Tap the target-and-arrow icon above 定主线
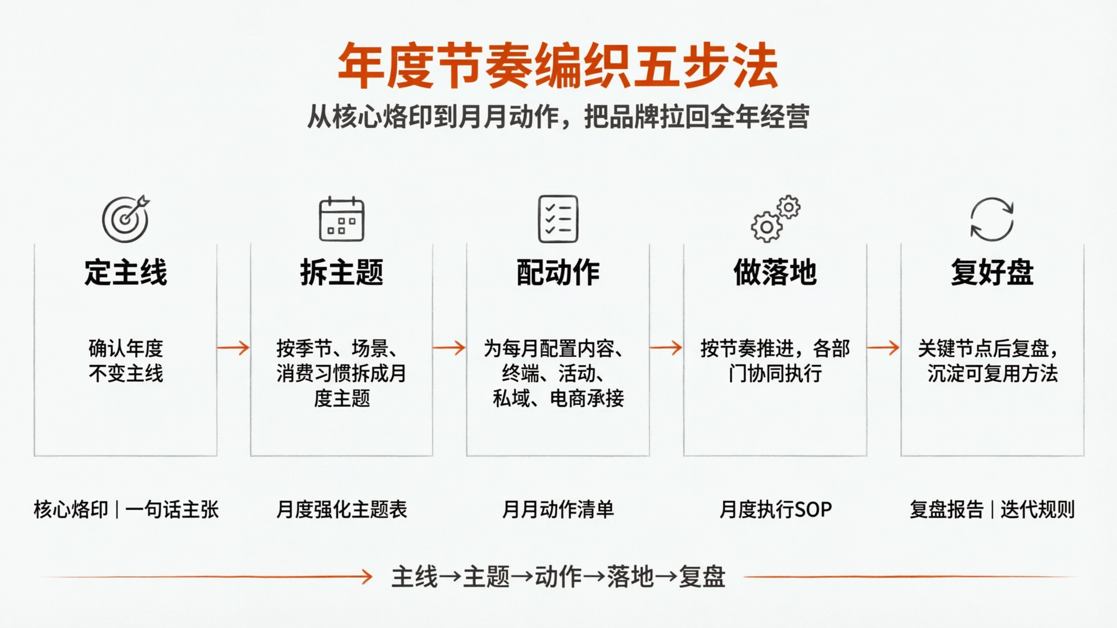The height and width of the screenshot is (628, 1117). coord(126,219)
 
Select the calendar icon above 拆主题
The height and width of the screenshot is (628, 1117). coord(342,219)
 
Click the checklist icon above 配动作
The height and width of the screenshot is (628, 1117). coord(558,219)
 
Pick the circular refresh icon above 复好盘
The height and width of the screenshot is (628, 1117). coord(992,219)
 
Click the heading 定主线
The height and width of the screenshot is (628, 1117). coord(126,273)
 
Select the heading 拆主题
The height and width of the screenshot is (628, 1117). coord(342,273)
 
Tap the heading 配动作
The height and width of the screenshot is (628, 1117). coord(558,273)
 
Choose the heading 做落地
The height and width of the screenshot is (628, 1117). coord(775,273)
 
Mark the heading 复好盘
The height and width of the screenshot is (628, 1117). coord(992,273)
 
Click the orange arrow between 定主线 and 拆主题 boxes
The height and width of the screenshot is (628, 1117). coord(233,348)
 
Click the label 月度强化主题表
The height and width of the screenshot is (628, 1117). coord(342,510)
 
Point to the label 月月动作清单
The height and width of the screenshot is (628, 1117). coord(558,510)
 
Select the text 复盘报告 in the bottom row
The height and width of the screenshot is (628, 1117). coord(947,510)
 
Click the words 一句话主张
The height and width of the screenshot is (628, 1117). coord(172,510)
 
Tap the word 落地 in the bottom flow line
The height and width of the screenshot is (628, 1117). coord(630,577)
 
